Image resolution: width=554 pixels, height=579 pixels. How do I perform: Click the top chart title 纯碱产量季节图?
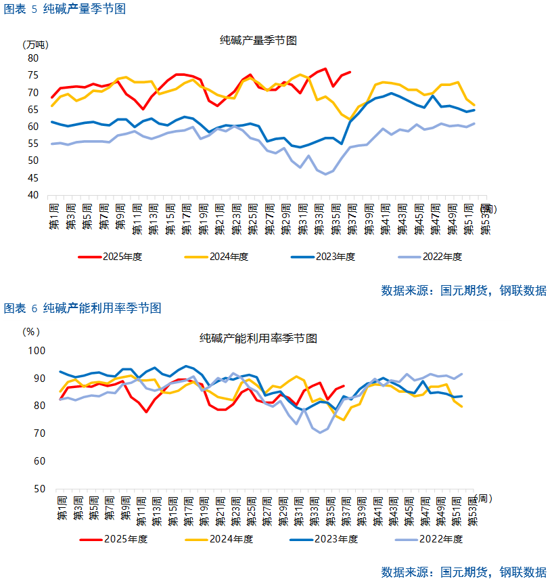[x=258, y=41]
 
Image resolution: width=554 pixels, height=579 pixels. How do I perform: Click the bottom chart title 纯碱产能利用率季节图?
[x=258, y=338]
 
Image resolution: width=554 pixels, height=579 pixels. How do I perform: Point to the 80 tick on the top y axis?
[x=33, y=58]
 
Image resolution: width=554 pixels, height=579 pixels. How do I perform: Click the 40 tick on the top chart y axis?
[x=33, y=196]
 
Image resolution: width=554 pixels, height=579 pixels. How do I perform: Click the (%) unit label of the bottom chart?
[x=32, y=332]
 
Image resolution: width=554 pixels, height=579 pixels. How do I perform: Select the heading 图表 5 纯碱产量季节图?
[x=65, y=9]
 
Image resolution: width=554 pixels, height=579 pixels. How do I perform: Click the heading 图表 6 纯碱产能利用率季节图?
[x=83, y=308]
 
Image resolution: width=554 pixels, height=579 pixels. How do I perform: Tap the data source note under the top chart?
[x=464, y=291]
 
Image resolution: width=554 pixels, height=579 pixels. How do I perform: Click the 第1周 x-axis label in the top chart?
[x=53, y=217]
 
